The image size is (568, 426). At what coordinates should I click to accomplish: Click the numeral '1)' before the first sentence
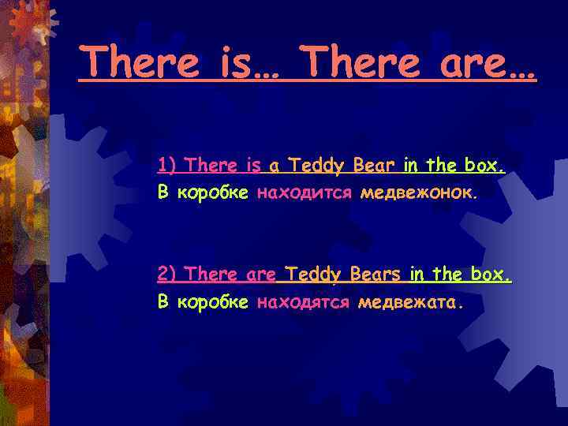(x=168, y=166)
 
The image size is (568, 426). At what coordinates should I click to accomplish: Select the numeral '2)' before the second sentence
(x=168, y=275)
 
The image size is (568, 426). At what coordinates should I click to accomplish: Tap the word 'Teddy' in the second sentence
(x=313, y=275)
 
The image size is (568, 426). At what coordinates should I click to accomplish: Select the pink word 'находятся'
(x=303, y=301)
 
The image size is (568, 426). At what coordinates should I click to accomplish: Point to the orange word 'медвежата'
(x=409, y=301)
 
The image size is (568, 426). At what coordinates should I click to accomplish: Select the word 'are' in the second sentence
(x=261, y=275)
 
